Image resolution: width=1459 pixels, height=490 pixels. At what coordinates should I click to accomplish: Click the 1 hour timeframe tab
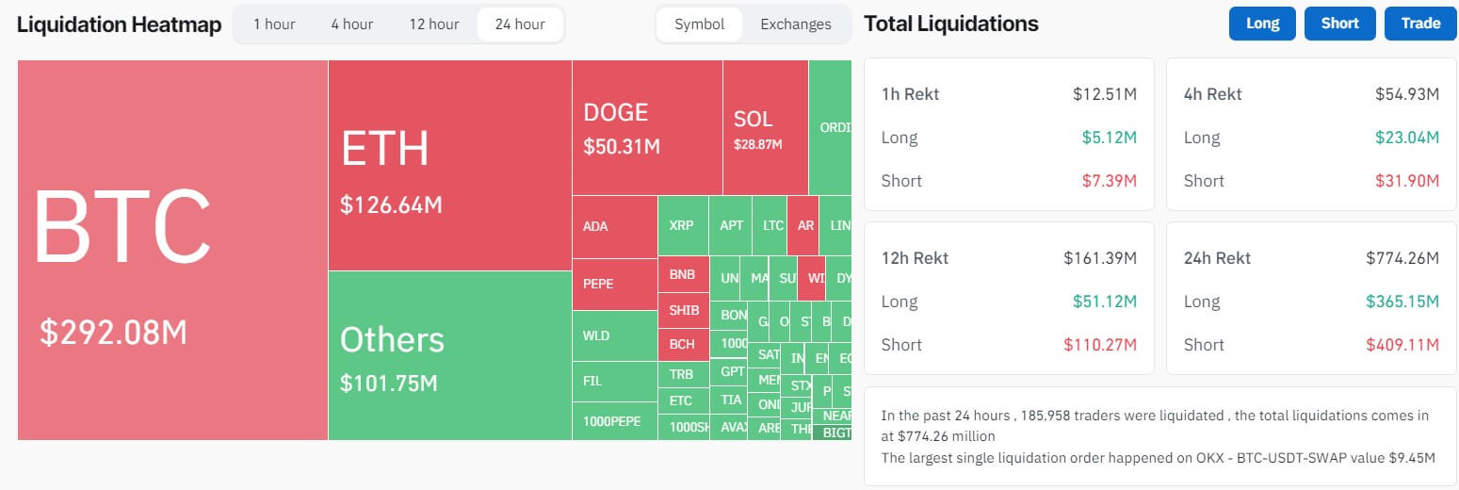tap(274, 24)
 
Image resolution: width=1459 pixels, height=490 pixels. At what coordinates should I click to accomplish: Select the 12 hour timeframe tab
tap(433, 24)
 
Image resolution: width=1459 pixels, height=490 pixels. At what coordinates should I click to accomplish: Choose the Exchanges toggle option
tap(796, 24)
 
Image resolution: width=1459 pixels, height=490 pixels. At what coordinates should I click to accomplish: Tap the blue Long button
tap(1262, 24)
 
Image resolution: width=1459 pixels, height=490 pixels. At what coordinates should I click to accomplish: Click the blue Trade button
tap(1420, 24)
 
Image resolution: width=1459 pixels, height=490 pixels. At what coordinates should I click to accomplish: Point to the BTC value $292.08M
tap(113, 332)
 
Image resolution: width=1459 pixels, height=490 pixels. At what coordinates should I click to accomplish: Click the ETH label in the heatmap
tap(384, 149)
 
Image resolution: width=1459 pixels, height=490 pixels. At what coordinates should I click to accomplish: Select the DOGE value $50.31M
tap(622, 147)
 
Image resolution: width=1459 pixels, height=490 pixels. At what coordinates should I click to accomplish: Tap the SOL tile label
tap(753, 119)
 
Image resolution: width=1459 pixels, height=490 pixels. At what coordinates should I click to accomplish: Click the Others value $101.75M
tap(388, 384)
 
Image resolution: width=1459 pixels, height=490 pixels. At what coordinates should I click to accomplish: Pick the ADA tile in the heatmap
tap(595, 226)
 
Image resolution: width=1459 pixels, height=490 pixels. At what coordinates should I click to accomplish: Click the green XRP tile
tap(681, 226)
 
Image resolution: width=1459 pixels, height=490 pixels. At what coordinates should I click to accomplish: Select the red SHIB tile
tap(683, 310)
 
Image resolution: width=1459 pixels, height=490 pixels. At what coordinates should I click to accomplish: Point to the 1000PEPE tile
tap(612, 420)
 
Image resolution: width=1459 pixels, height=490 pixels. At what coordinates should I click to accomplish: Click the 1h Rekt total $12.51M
tap(1104, 94)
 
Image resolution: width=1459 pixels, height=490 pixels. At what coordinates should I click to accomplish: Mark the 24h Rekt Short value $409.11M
tap(1402, 345)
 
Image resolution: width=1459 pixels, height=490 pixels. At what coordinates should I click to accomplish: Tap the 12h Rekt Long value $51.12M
tap(1104, 302)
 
